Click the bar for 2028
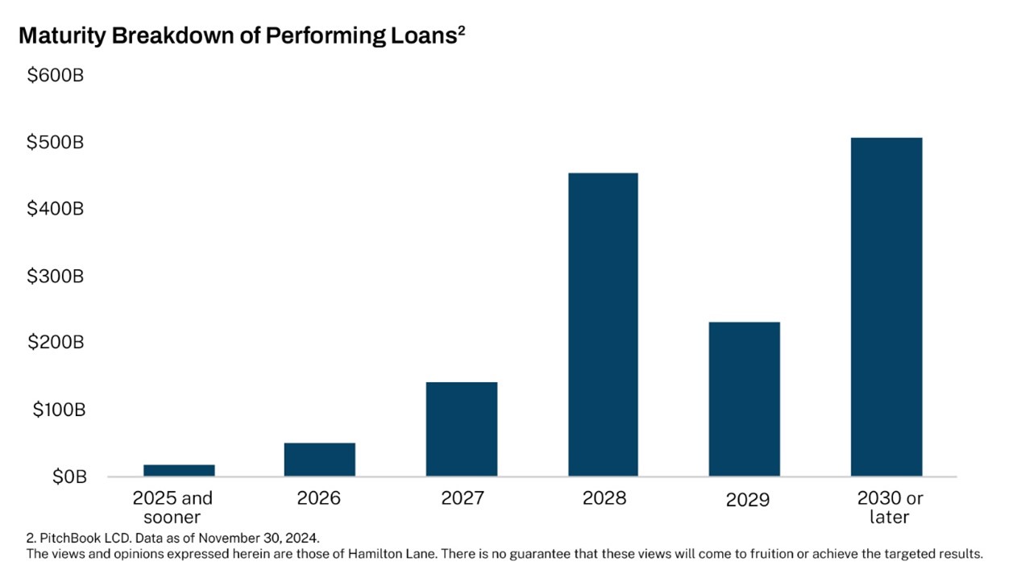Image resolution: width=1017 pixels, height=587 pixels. (603, 324)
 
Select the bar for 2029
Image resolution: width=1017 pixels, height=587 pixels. (744, 399)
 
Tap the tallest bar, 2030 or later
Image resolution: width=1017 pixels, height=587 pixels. (886, 306)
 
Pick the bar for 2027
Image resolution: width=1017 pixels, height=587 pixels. (461, 429)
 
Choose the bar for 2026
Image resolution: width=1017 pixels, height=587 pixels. (320, 460)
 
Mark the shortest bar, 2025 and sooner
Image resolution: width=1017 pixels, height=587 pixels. (179, 470)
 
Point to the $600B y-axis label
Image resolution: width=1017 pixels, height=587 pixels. (56, 76)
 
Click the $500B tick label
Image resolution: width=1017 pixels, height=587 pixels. (56, 142)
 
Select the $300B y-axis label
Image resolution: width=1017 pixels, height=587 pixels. (56, 276)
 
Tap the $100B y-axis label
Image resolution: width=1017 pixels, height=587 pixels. (59, 410)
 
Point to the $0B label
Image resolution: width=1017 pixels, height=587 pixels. (69, 477)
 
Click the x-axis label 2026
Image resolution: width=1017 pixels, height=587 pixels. (319, 498)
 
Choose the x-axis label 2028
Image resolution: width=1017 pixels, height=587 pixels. (604, 498)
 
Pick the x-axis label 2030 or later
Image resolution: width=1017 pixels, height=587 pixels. (890, 507)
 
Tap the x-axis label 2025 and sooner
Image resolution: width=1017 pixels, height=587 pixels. (172, 507)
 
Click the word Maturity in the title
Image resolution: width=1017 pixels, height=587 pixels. (62, 36)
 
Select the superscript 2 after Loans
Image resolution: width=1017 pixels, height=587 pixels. (461, 31)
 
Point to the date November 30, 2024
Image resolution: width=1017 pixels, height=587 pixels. (259, 539)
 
